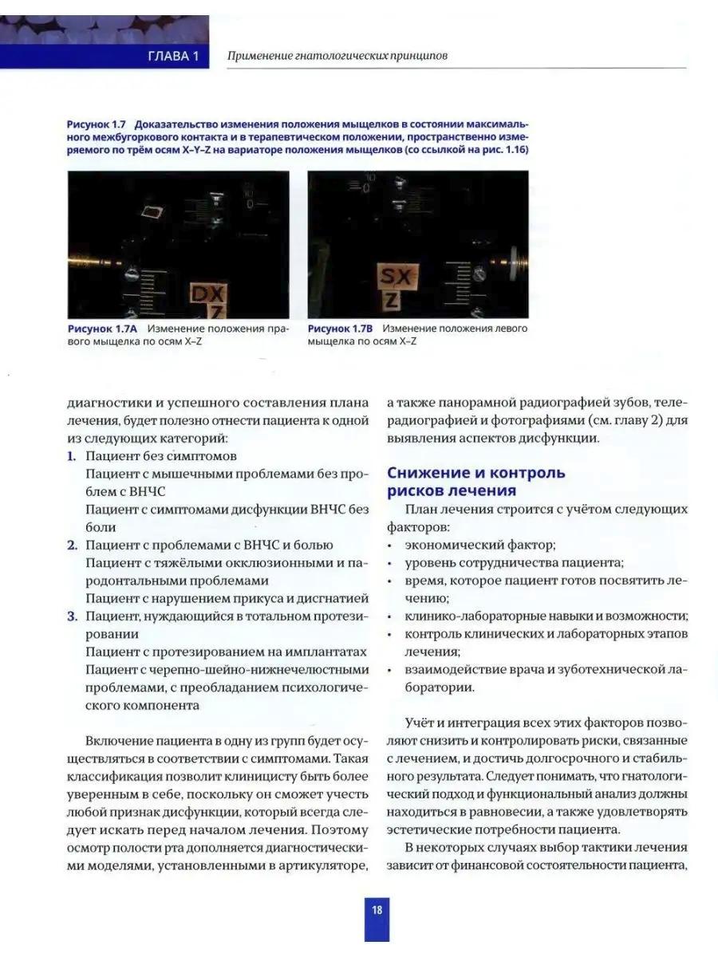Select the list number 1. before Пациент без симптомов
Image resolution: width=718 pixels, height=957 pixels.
[71, 457]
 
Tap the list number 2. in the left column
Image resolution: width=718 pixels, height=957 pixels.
[71, 545]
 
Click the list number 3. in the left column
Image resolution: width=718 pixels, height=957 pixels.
[71, 616]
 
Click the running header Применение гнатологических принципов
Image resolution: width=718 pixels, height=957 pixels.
[337, 57]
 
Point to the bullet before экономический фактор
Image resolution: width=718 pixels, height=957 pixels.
[388, 545]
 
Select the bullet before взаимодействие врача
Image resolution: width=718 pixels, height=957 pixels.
[388, 669]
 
